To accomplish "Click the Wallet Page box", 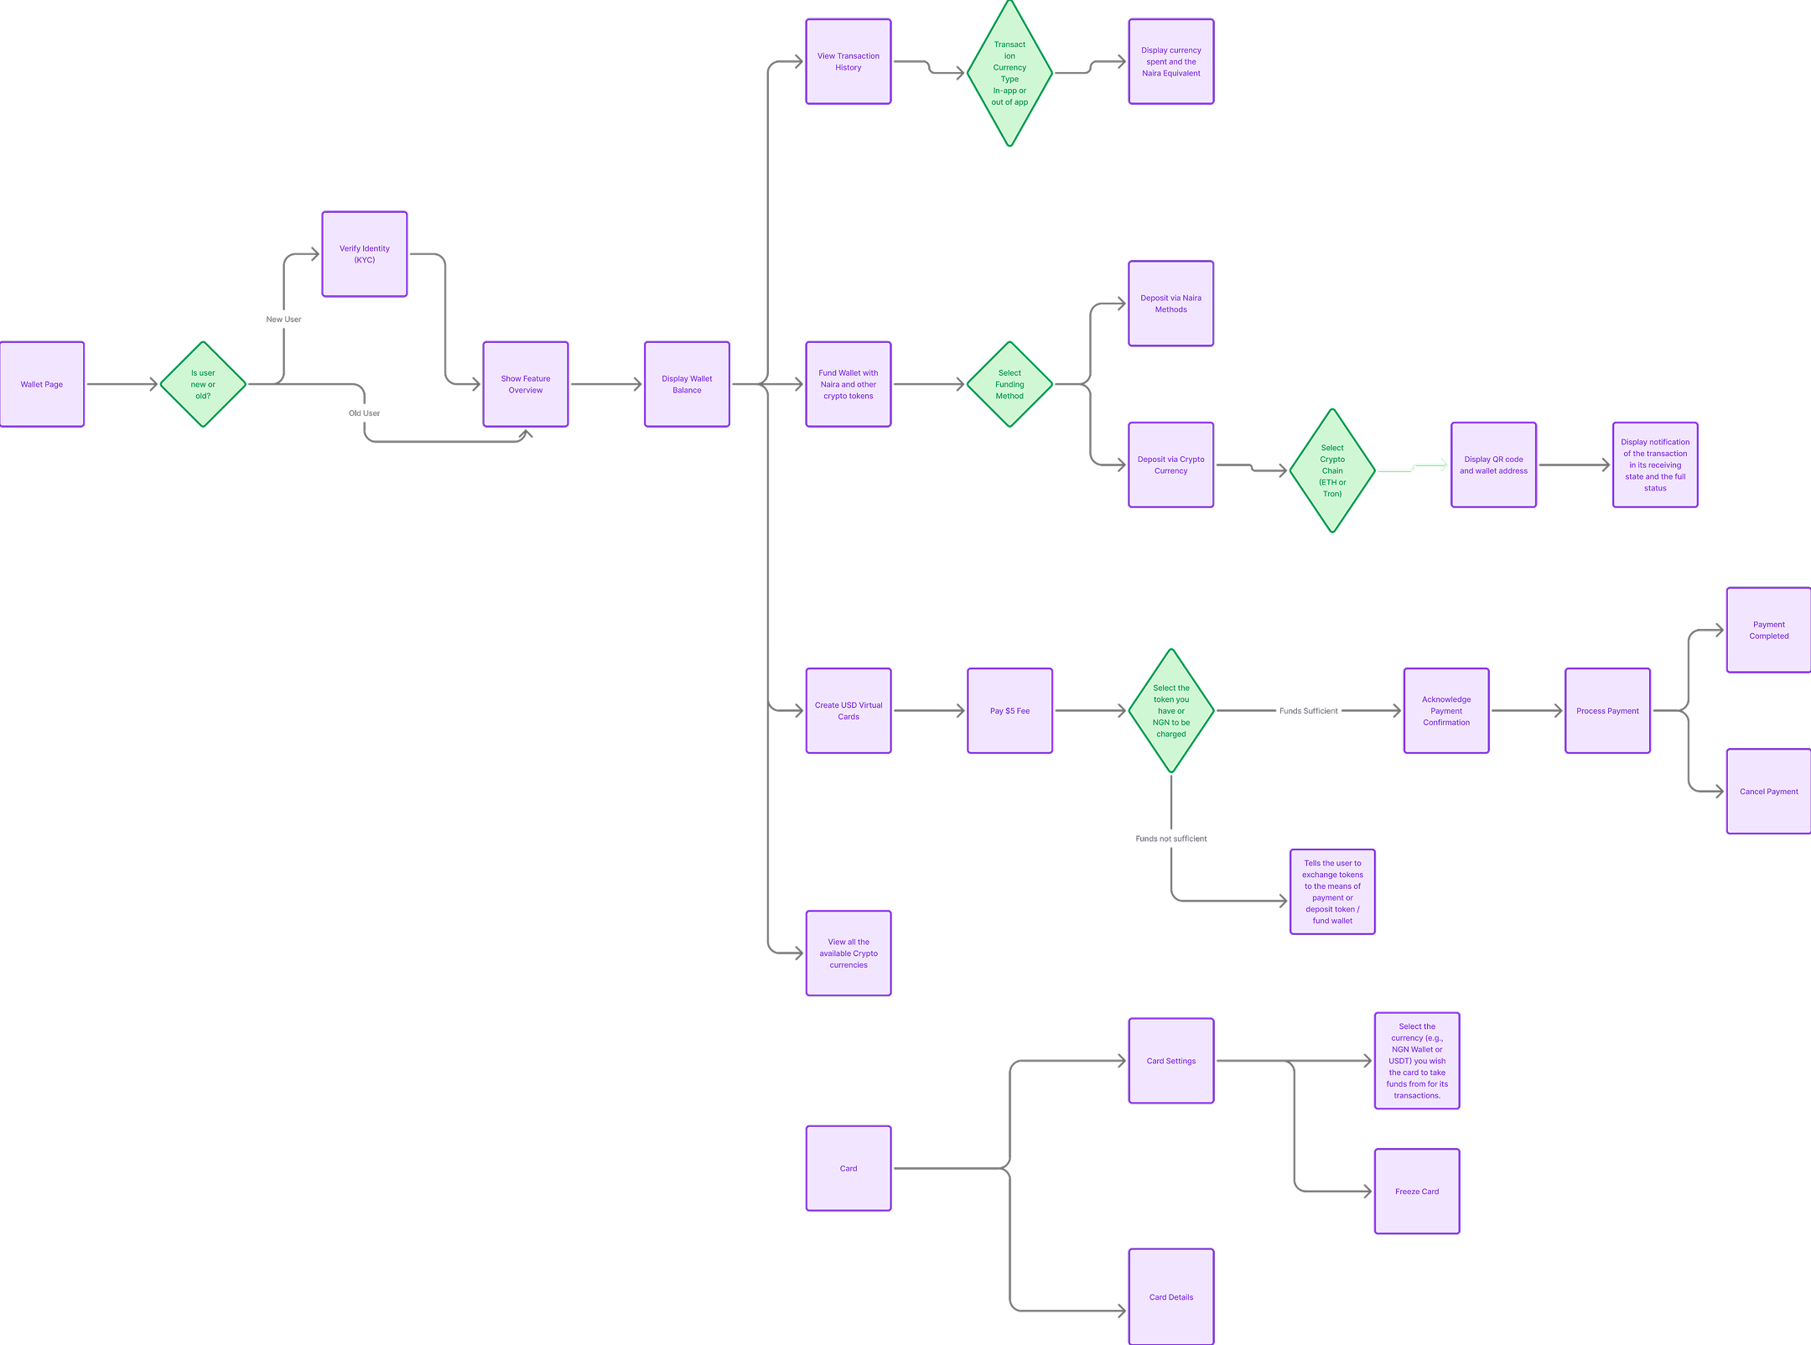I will pos(42,384).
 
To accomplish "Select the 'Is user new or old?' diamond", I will pos(203,384).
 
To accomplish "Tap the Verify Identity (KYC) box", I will pos(365,254).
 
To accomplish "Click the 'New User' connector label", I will pos(283,319).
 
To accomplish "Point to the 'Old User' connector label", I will pos(365,413).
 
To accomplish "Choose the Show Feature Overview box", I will pos(526,384).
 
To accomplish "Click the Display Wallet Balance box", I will pos(687,384).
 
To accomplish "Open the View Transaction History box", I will pos(848,62).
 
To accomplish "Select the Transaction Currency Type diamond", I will pos(1009,74).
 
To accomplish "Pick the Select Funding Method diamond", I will pos(1009,384).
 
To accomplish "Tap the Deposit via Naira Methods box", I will pos(1170,304).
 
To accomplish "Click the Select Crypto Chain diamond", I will pos(1332,470).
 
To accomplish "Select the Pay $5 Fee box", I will pos(1009,710).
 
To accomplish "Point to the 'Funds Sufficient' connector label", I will pos(1308,711).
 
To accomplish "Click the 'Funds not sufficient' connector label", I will pos(1171,839).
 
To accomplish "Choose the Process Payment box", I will pos(1607,710).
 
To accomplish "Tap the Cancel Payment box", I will pos(1768,791).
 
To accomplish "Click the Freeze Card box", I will pos(1417,1191).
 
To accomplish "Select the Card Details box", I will pos(1170,1296).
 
